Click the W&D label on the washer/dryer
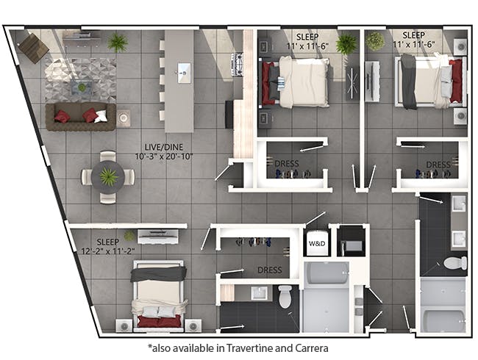[317, 244]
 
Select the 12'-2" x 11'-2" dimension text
[108, 251]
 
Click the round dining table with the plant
[108, 177]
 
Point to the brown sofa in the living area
[81, 117]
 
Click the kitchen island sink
[184, 73]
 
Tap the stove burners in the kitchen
[237, 64]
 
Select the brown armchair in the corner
[33, 48]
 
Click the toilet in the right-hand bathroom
[454, 263]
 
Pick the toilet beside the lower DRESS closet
[285, 296]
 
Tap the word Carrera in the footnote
[312, 348]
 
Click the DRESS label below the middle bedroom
[287, 164]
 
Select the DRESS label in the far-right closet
[438, 165]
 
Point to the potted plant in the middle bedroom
[346, 44]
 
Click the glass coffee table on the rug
[82, 87]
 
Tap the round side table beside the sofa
[124, 118]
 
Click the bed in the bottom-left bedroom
[159, 296]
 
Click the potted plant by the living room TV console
[118, 43]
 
